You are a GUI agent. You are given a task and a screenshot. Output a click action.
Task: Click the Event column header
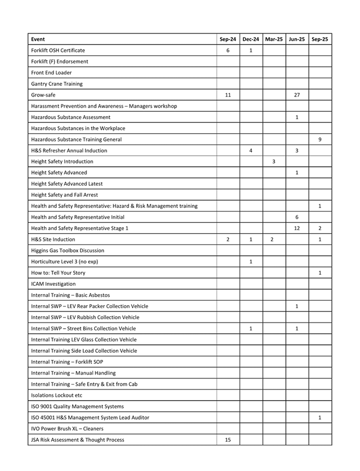38,39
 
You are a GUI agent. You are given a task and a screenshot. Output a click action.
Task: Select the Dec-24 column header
251,39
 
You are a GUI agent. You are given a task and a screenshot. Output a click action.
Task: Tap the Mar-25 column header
274,39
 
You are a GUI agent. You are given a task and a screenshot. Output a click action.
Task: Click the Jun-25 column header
297,39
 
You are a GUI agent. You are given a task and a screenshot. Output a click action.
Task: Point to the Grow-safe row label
43,95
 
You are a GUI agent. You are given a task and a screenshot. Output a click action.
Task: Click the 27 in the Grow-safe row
297,95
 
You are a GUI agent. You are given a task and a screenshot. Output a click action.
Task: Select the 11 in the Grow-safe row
228,95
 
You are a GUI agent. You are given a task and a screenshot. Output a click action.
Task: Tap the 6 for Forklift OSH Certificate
228,50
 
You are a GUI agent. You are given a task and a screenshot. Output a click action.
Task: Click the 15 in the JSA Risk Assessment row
228,440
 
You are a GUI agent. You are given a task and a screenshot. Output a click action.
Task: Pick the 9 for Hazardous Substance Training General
320,140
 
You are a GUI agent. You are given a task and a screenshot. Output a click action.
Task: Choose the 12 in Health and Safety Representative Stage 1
297,228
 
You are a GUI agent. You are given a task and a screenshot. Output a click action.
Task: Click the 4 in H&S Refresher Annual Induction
251,151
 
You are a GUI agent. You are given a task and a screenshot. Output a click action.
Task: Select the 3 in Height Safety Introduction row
274,161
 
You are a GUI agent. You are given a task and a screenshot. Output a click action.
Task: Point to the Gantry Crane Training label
56,84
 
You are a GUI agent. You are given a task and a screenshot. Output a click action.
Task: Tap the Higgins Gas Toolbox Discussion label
68,251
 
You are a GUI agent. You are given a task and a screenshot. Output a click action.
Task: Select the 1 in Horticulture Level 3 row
251,262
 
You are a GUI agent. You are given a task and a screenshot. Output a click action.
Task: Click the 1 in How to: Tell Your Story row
320,273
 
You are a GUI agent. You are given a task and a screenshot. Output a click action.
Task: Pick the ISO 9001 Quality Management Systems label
78,406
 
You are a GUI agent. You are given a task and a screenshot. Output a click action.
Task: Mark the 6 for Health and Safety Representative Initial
297,217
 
